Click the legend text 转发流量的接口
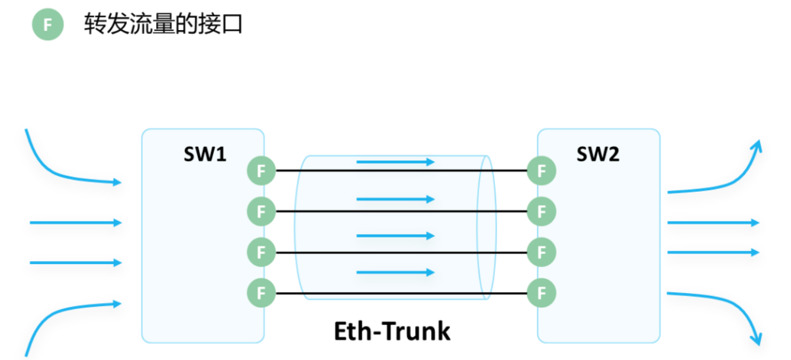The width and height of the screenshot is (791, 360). (163, 24)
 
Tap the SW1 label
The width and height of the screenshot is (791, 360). (205, 155)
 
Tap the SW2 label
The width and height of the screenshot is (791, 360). (597, 155)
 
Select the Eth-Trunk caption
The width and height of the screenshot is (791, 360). (392, 331)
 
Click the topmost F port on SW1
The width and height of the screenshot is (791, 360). (261, 171)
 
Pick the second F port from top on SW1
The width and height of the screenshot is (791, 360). (261, 211)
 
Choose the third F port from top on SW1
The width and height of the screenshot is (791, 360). (261, 252)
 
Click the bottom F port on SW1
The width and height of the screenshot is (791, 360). (261, 292)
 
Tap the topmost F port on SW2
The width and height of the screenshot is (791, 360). (541, 171)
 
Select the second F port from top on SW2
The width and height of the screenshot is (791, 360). (541, 211)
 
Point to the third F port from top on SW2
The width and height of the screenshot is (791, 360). (541, 252)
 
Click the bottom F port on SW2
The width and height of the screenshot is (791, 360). (541, 292)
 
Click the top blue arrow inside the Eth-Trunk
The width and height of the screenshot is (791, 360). (395, 162)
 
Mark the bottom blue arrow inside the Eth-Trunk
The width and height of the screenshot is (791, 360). (395, 272)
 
